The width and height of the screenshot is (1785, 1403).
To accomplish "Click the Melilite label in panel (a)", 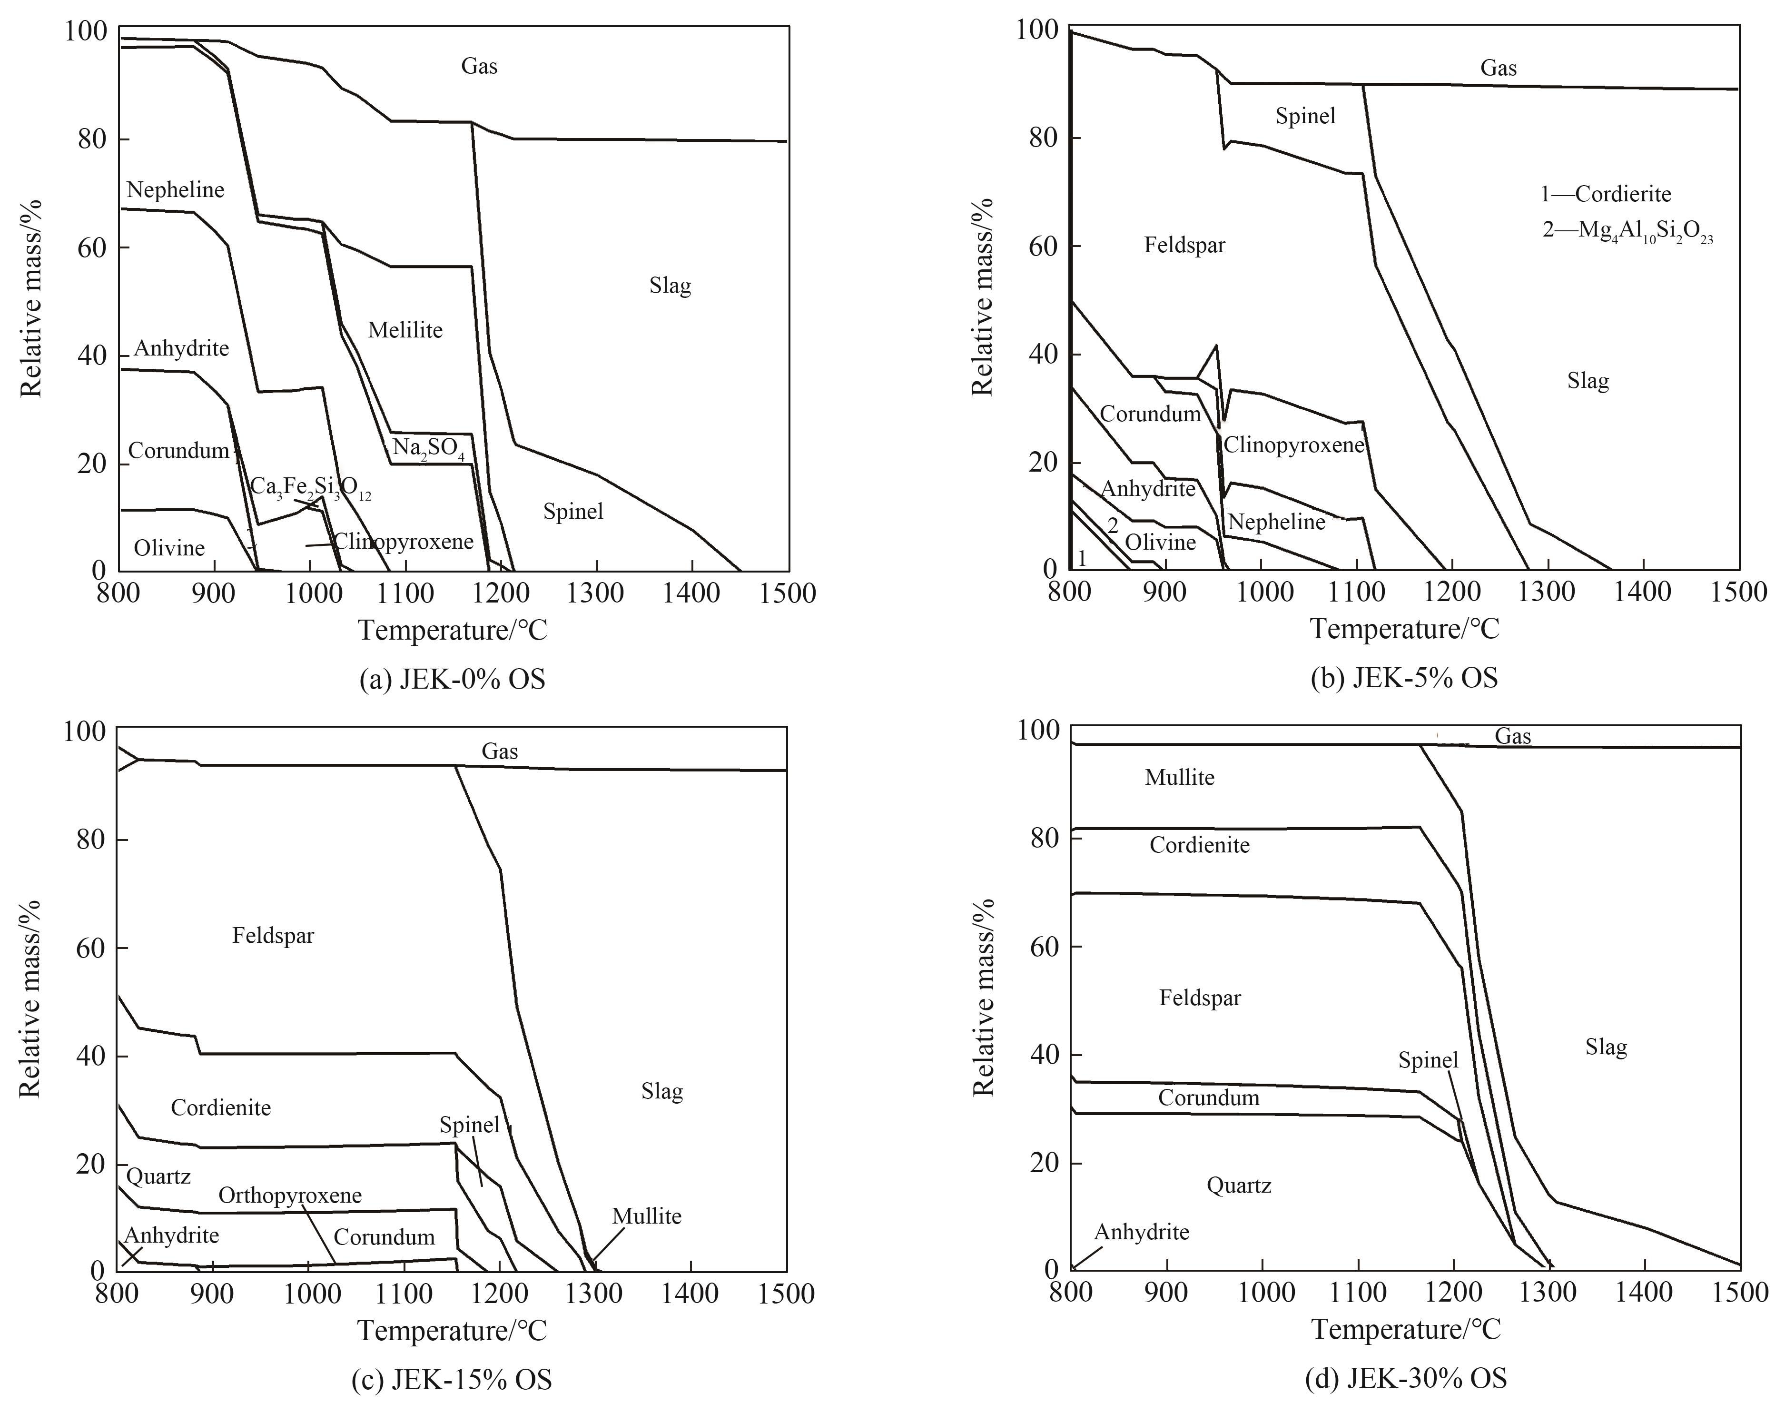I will (405, 330).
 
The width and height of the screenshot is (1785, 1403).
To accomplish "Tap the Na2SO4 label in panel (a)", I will (428, 448).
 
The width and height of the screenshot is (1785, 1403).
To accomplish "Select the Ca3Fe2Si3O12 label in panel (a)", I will (310, 487).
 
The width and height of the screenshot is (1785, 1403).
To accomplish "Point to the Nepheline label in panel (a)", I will (176, 190).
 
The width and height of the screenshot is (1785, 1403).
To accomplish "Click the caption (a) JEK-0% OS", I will (453, 679).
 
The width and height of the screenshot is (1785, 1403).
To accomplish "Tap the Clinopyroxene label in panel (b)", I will (1293, 445).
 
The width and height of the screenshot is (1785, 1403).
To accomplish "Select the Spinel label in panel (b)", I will (1305, 116).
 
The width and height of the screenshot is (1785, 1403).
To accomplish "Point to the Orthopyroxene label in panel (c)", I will (290, 1195).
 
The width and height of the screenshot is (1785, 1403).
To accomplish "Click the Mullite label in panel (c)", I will (647, 1216).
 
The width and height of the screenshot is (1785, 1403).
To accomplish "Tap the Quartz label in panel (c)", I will (158, 1176).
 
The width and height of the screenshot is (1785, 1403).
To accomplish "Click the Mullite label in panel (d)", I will (1180, 777).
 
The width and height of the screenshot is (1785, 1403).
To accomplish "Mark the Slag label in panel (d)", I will (1606, 1047).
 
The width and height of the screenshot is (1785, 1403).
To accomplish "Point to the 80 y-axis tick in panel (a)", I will (92, 139).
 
